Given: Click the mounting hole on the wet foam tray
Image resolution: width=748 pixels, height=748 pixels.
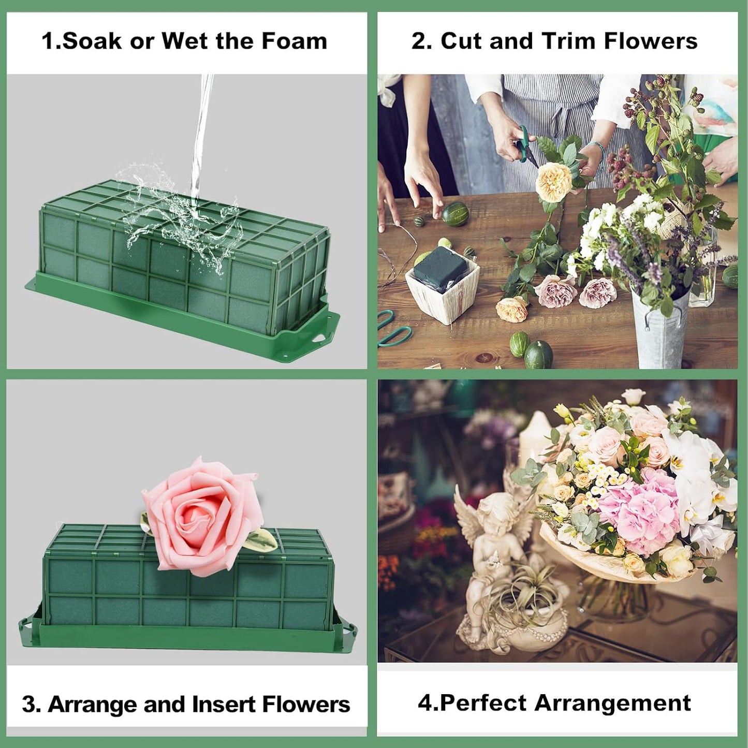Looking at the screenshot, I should pos(320,338).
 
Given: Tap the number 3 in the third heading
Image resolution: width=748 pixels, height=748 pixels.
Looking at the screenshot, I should pos(29,705).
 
